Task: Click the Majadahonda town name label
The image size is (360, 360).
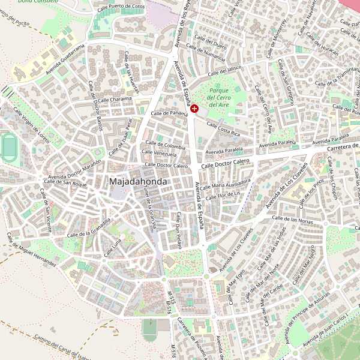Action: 138,181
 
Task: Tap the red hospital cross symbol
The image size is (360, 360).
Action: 195,108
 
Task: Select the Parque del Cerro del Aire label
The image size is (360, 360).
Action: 218,97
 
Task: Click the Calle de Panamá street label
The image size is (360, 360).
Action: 170,113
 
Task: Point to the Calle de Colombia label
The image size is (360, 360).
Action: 165,146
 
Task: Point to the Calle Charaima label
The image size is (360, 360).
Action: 115,99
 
